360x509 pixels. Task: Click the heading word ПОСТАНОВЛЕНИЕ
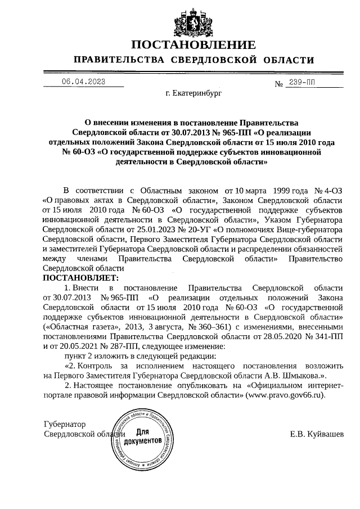coord(193,45)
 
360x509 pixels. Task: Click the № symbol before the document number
coord(278,84)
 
